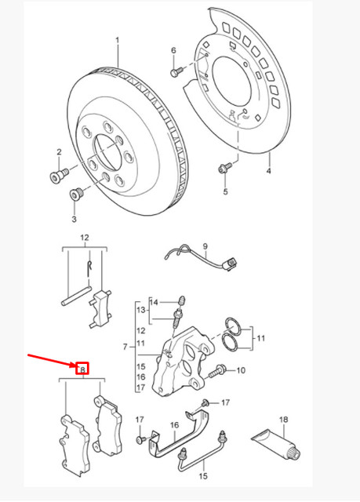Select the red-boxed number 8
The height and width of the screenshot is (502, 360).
tap(82, 367)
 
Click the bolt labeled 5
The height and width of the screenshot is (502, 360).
tap(224, 166)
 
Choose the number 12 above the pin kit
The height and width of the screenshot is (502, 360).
tap(85, 238)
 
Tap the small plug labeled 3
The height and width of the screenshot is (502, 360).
tap(77, 193)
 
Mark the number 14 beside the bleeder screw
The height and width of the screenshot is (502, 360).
tap(155, 301)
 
